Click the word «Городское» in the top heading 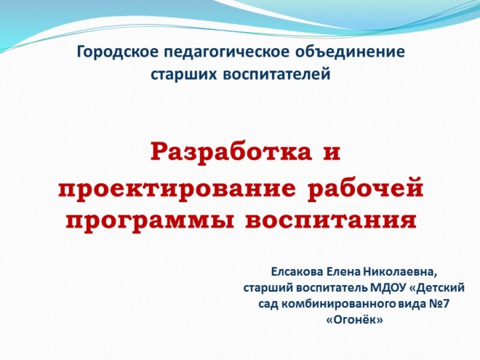[x=118, y=52]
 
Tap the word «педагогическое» [x=227, y=52]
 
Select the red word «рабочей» [x=365, y=187]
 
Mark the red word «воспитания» [x=331, y=220]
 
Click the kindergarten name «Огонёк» [x=355, y=320]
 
